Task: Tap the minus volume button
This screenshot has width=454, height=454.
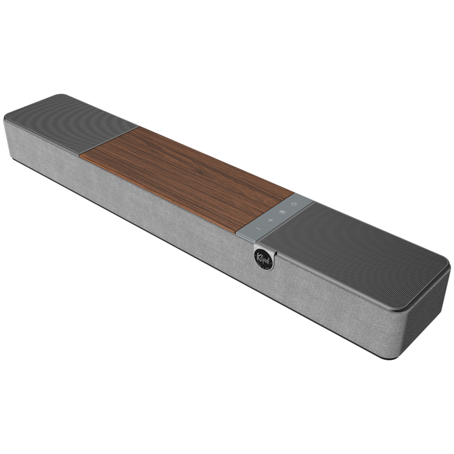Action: point(257,228)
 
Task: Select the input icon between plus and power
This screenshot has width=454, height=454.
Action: point(282,213)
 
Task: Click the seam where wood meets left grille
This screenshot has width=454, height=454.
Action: point(110,142)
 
